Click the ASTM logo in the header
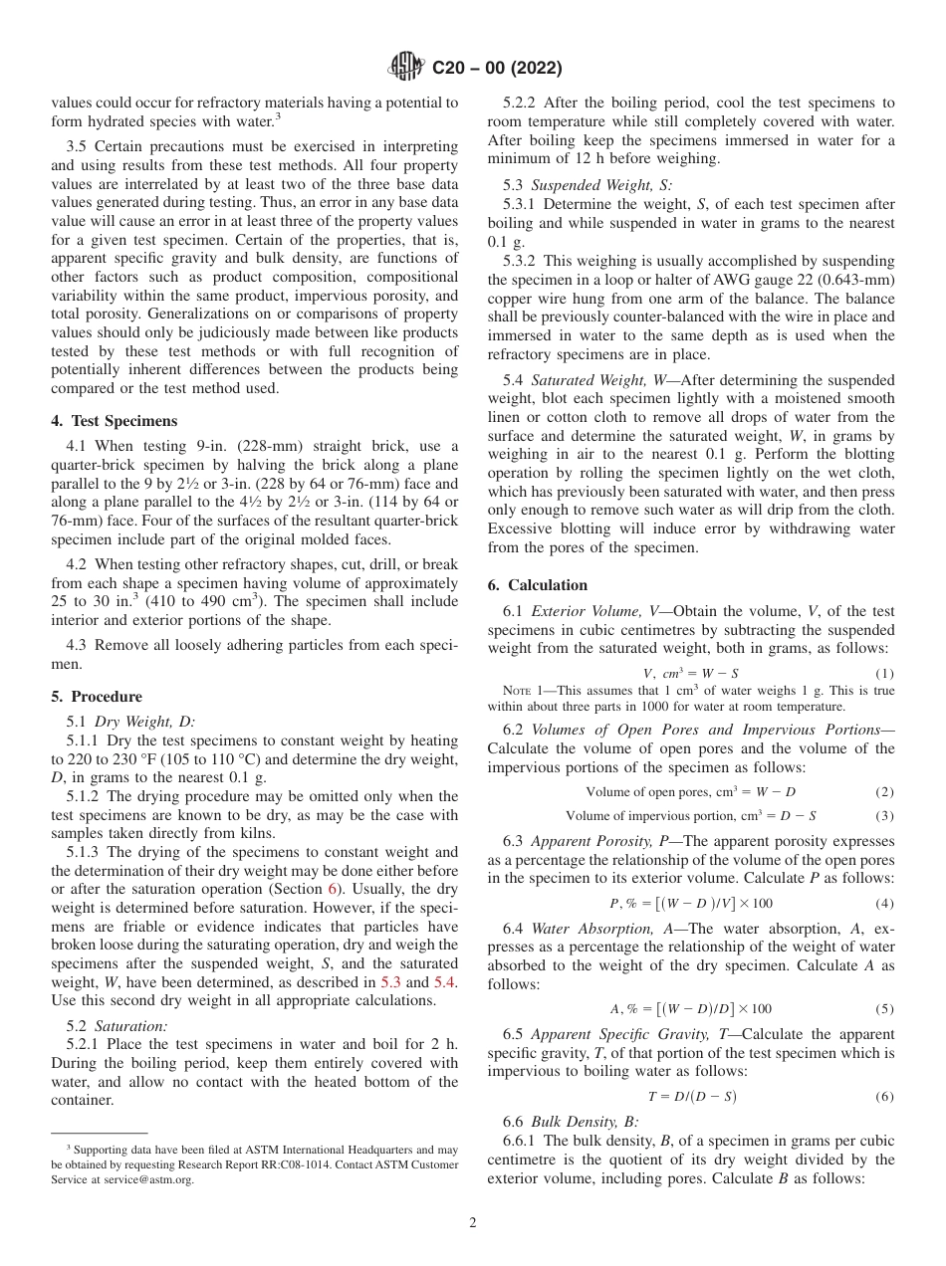[405, 68]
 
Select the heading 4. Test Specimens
[114, 421]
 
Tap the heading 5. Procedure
[97, 697]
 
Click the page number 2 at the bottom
[473, 1223]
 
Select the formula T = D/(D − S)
[692, 1097]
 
